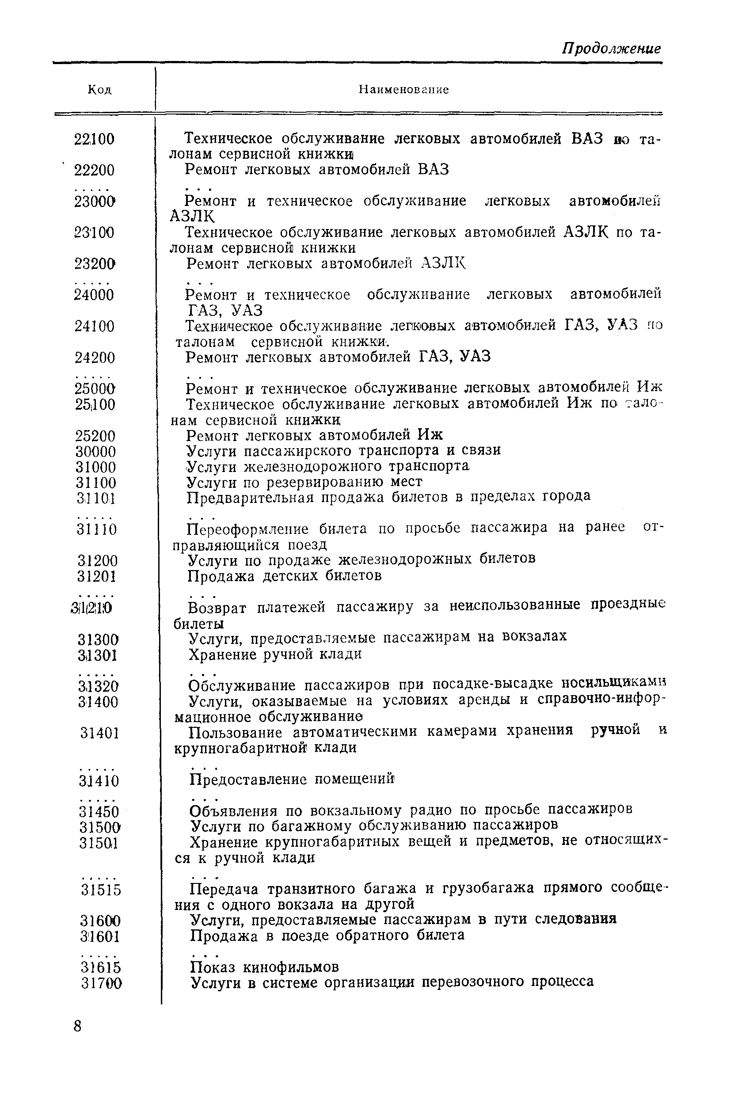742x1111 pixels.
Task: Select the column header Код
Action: (100, 89)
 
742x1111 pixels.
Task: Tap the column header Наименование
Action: (403, 89)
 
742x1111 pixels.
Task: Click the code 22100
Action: (95, 139)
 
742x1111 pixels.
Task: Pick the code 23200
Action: (95, 264)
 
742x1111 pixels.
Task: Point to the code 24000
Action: (95, 295)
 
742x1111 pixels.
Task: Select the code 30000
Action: (95, 451)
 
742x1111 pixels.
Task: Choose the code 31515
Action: (101, 890)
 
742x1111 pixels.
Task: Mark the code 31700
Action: (101, 984)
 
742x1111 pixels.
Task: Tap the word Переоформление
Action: (248, 529)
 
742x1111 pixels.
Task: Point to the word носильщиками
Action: (611, 684)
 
